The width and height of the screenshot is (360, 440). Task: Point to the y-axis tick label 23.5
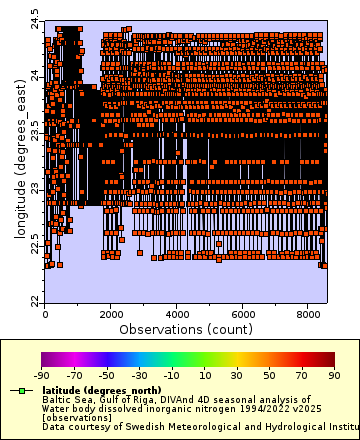35,131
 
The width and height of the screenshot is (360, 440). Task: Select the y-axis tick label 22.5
35,244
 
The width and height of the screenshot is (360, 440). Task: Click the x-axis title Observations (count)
185,328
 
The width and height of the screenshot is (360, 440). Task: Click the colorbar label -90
42,375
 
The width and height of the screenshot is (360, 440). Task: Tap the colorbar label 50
270,375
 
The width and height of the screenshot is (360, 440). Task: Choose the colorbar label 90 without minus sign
335,375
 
